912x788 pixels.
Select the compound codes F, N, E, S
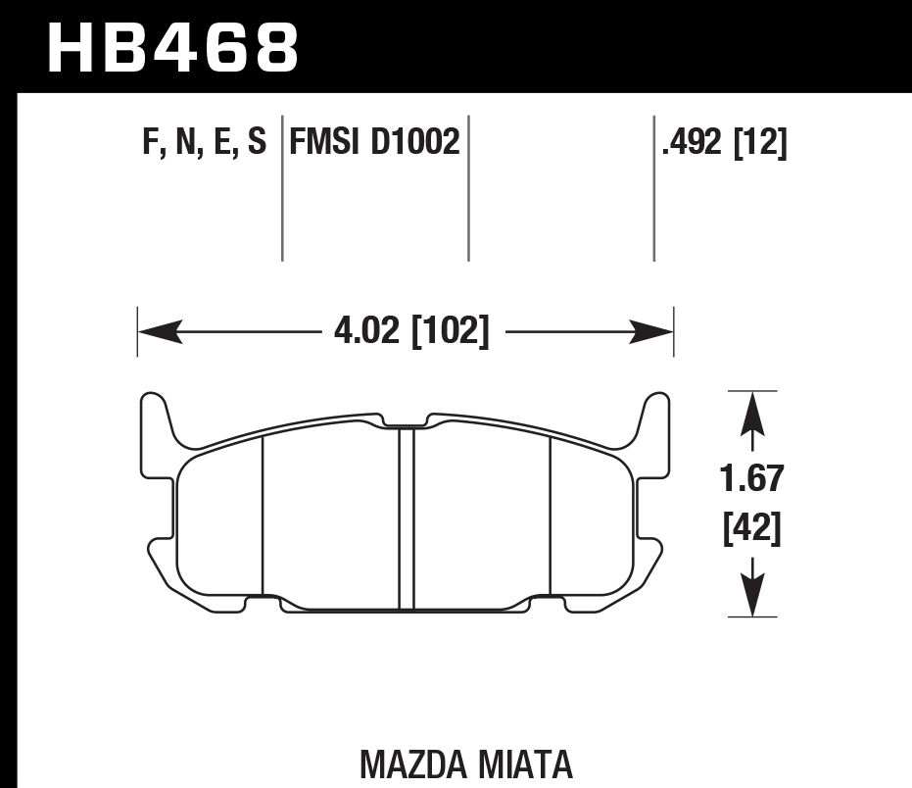click(x=204, y=144)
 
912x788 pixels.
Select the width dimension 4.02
click(x=367, y=332)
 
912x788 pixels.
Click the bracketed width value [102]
click(x=449, y=332)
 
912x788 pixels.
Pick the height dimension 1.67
click(x=752, y=480)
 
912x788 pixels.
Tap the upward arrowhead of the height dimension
click(x=751, y=413)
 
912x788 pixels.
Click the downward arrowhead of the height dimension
click(x=751, y=594)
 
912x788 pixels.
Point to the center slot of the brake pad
click(x=407, y=519)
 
